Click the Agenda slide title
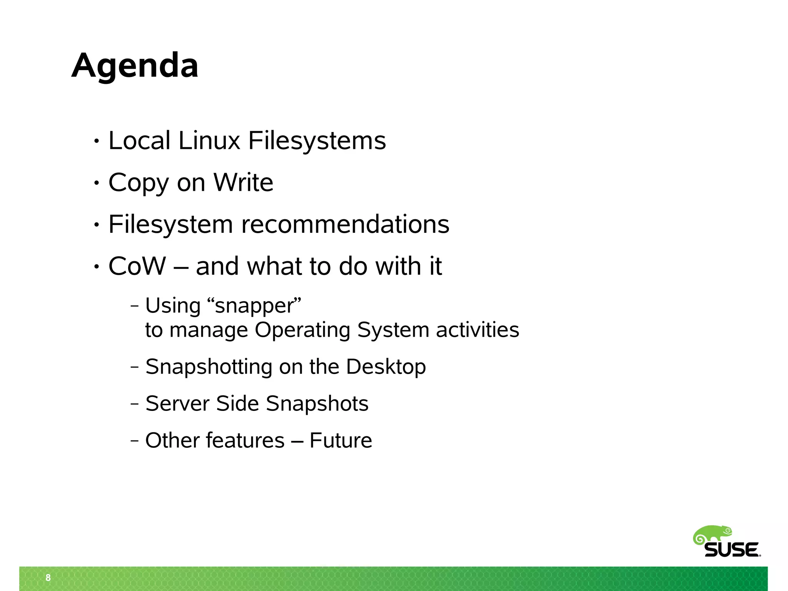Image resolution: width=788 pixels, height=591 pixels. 135,65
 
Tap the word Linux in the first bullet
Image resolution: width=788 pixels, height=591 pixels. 209,140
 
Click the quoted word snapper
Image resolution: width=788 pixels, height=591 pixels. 254,306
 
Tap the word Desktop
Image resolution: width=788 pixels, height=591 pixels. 386,366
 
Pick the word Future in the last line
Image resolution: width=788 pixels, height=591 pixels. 341,440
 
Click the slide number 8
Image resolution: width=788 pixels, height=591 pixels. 48,578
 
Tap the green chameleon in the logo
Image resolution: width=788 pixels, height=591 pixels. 713,534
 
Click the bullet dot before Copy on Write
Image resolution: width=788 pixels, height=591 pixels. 97,183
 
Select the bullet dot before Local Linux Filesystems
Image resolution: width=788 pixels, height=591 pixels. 97,141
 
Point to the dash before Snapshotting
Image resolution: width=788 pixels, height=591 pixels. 134,367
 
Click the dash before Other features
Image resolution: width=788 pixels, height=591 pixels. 134,441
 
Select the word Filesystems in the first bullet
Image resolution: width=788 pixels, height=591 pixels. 317,140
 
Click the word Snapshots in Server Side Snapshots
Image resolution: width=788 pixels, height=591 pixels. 317,403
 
